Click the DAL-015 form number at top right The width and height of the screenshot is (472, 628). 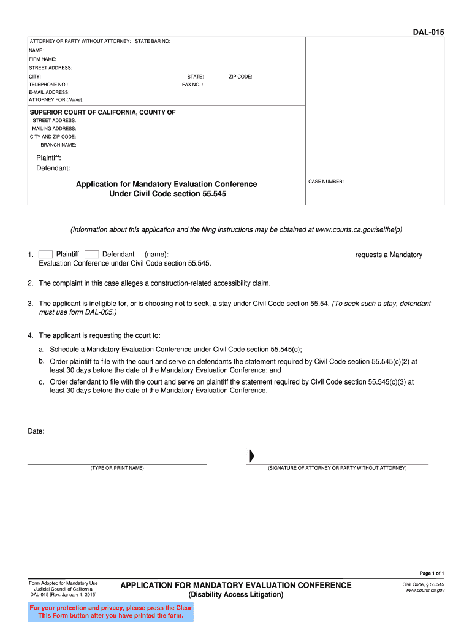(x=428, y=32)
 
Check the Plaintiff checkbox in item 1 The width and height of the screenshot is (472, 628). (x=45, y=255)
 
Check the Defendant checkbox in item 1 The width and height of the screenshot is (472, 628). (x=92, y=255)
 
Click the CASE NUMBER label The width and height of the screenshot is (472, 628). (x=326, y=182)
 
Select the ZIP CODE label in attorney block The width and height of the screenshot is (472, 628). (x=240, y=77)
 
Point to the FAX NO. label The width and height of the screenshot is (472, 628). (x=192, y=85)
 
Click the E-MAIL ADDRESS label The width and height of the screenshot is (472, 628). (x=50, y=92)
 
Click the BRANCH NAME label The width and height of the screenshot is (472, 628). (x=59, y=145)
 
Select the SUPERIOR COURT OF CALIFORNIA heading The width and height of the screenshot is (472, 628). (x=103, y=112)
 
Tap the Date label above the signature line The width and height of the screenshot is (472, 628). (x=36, y=431)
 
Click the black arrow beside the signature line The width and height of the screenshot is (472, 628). (x=251, y=456)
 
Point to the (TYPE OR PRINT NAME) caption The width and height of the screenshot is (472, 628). (x=117, y=468)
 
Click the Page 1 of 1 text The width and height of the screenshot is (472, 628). (x=432, y=572)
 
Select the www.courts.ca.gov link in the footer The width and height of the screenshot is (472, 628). (x=425, y=591)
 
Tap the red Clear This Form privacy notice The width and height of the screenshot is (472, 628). (x=111, y=611)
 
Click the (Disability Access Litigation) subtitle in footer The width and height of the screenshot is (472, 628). (x=236, y=595)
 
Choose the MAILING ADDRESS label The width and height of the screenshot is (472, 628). (x=55, y=129)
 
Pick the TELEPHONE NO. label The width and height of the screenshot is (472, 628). (x=48, y=85)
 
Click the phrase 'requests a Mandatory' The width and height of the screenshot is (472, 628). (x=389, y=255)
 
